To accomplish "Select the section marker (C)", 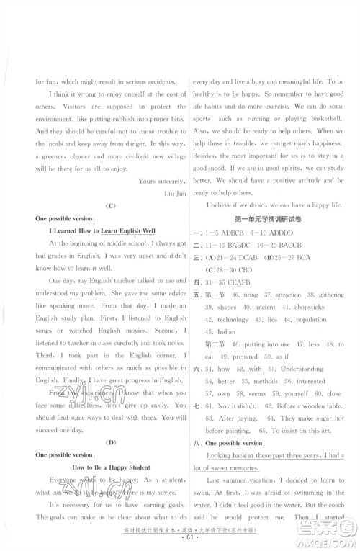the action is tap(110, 225).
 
